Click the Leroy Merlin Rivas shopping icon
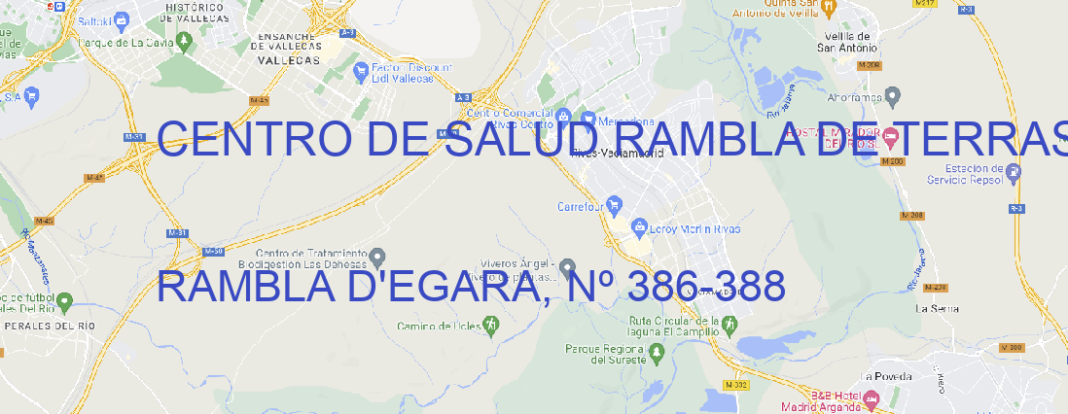(x=639, y=228)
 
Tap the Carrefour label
(x=582, y=207)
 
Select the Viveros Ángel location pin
(x=568, y=267)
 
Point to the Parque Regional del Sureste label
(x=604, y=354)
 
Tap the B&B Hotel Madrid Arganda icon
(x=872, y=397)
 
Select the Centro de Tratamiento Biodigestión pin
(x=381, y=257)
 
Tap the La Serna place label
(x=937, y=308)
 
